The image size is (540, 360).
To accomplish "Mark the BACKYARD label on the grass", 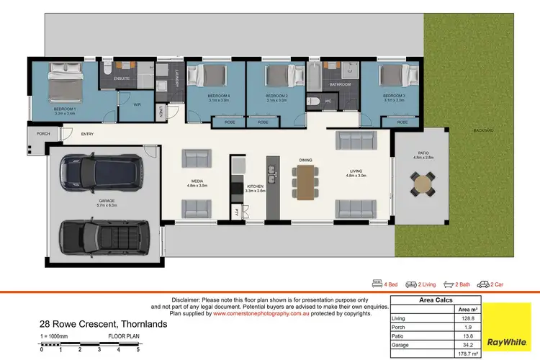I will (x=484, y=130).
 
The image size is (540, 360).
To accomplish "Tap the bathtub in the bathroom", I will (x=314, y=74).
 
